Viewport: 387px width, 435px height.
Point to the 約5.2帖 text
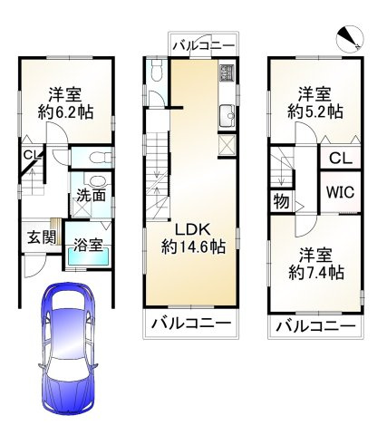(314, 112)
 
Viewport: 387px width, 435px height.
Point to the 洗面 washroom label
(90, 194)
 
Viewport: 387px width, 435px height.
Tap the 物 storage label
(282, 201)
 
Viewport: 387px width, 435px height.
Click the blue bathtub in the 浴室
(87, 257)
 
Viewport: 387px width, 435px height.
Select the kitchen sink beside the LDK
(227, 116)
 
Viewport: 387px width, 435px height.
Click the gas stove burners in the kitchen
(226, 72)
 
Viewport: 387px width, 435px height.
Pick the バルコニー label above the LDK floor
(203, 45)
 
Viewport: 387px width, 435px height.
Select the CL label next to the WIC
(340, 159)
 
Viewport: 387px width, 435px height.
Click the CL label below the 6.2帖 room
(31, 156)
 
